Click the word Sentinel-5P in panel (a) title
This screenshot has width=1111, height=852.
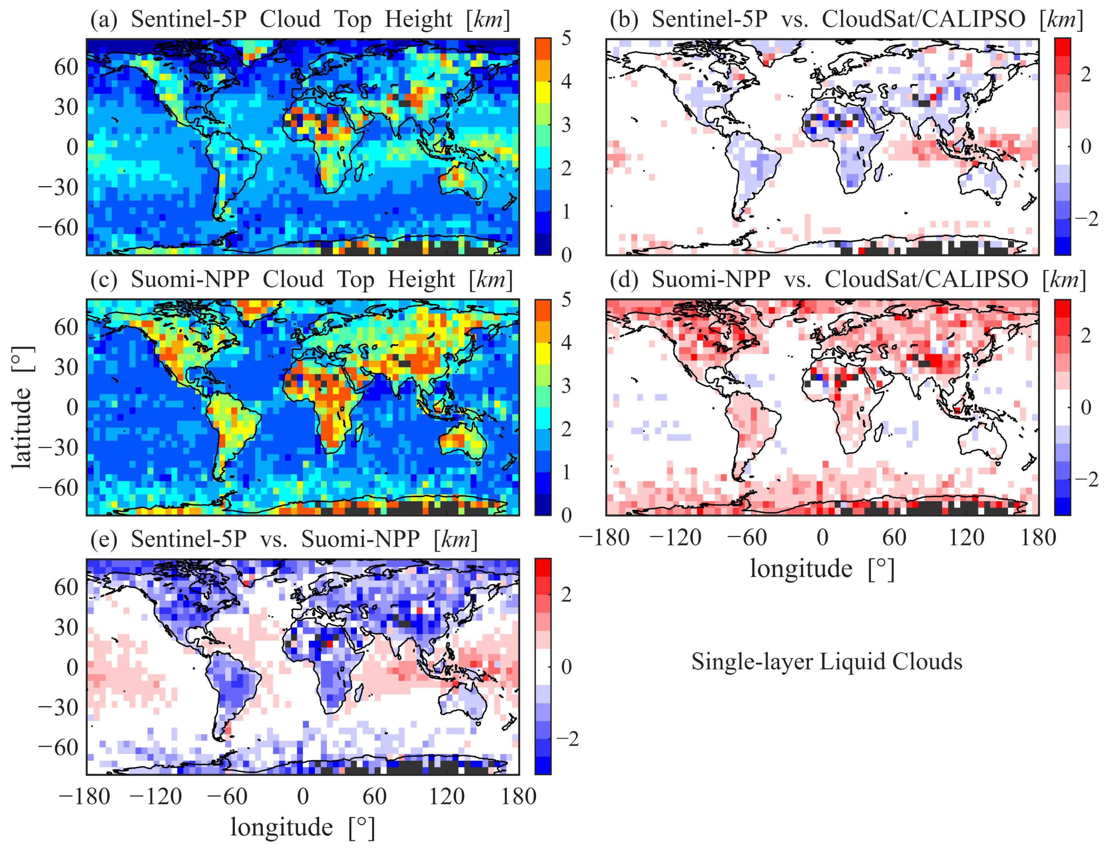189,19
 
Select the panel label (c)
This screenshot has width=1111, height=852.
104,279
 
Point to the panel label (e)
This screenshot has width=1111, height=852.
104,539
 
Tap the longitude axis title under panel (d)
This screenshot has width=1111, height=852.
822,568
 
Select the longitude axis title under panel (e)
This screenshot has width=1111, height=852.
303,827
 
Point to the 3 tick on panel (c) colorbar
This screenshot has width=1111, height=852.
566,386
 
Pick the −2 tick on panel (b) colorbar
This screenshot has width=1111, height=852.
1086,218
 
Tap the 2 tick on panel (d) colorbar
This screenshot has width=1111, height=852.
1086,335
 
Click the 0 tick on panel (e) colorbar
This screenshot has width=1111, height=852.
566,666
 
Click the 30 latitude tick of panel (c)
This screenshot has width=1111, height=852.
66,367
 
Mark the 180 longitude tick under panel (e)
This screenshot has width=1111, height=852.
518,797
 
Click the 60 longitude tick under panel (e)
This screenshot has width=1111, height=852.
374,797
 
